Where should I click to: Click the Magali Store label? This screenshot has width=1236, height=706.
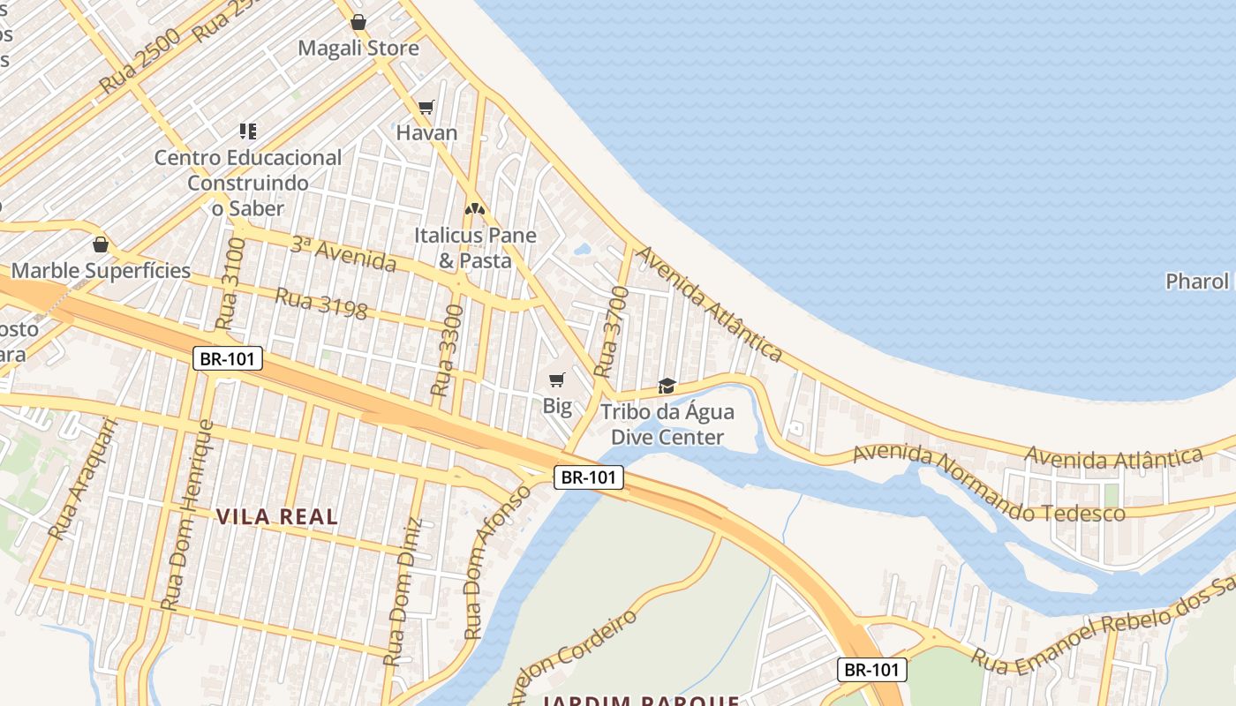click(x=358, y=48)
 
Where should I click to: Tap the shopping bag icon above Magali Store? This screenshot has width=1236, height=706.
click(x=358, y=22)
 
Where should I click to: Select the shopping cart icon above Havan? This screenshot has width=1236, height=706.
click(x=426, y=107)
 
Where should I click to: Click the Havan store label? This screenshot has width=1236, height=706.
click(x=426, y=133)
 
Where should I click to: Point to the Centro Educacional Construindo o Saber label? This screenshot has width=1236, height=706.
click(x=248, y=183)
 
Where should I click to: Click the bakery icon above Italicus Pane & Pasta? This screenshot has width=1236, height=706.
click(x=475, y=209)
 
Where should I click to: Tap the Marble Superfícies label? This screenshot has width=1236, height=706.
click(x=101, y=270)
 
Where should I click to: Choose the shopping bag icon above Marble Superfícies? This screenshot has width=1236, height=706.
click(x=101, y=244)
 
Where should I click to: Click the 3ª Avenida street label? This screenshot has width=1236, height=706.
click(x=343, y=254)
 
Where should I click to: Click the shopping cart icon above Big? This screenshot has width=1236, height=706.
click(x=556, y=380)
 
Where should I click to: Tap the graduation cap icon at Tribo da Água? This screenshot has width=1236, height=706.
click(x=667, y=387)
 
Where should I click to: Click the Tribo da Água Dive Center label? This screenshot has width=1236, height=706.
click(x=667, y=424)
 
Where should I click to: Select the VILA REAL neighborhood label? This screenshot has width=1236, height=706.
click(x=277, y=517)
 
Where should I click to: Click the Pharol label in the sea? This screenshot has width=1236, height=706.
click(x=1197, y=282)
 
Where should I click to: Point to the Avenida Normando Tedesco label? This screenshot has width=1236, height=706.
click(x=989, y=484)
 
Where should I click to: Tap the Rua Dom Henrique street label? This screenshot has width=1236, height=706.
click(x=188, y=515)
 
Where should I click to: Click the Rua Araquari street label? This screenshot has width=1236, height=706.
click(x=83, y=478)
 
